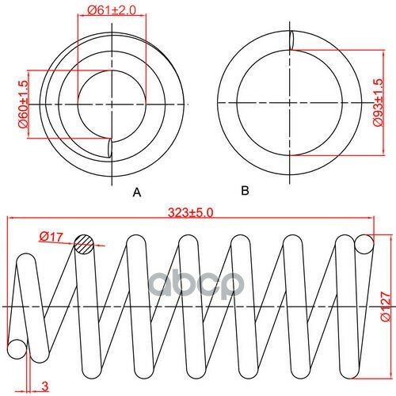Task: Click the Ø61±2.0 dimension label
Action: [x=112, y=10]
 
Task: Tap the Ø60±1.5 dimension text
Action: [x=23, y=104]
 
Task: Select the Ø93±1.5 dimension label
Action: [x=378, y=102]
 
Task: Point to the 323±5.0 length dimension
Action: [x=190, y=213]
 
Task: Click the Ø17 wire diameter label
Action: [x=51, y=237]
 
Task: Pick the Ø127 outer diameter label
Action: [x=385, y=306]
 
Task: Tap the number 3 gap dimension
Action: [x=45, y=386]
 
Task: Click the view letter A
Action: [x=137, y=192]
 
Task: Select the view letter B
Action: [x=245, y=190]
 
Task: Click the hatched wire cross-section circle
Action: [x=84, y=244]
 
